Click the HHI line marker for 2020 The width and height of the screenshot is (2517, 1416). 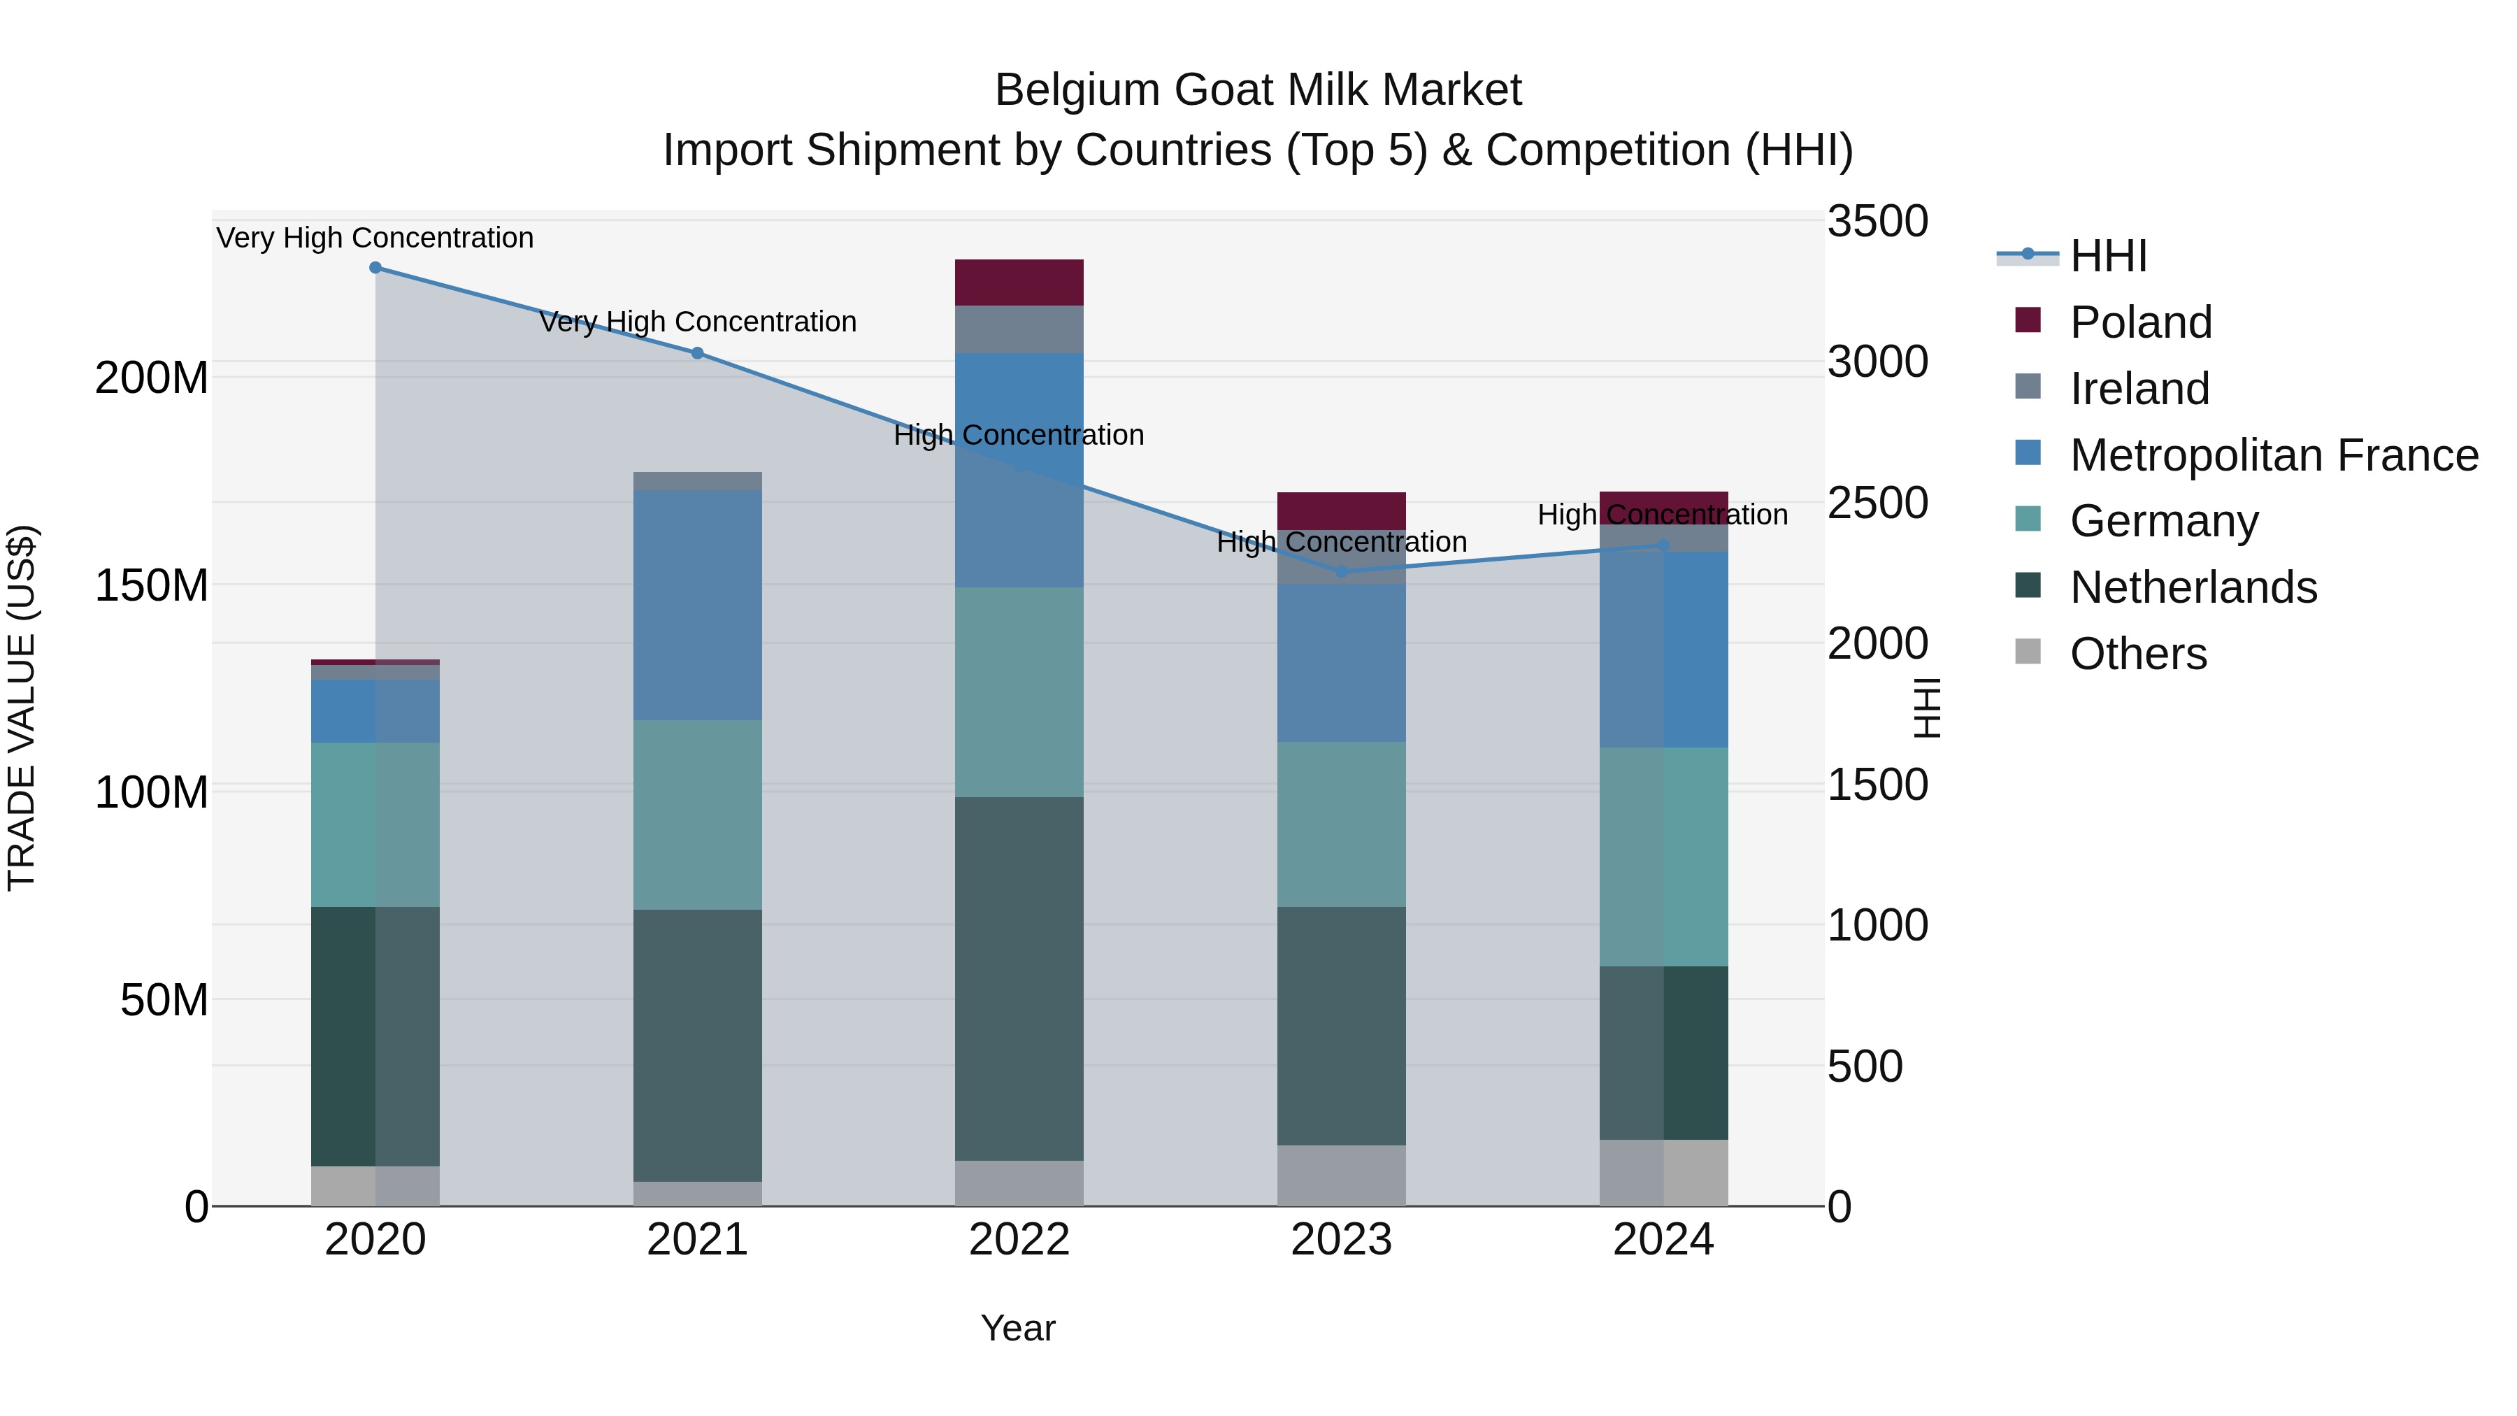point(375,268)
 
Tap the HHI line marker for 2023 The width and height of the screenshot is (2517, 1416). point(1342,572)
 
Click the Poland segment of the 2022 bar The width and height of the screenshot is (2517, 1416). point(1019,283)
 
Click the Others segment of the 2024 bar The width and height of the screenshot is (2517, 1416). point(1664,1173)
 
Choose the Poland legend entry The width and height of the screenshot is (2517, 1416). point(2140,322)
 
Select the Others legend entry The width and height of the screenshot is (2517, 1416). point(2138,654)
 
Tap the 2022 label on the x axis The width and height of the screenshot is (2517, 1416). point(1019,1240)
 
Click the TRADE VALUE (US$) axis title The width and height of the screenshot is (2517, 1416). point(22,708)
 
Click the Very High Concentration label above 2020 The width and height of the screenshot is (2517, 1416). point(375,238)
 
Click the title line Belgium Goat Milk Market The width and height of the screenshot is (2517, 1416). point(1258,90)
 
